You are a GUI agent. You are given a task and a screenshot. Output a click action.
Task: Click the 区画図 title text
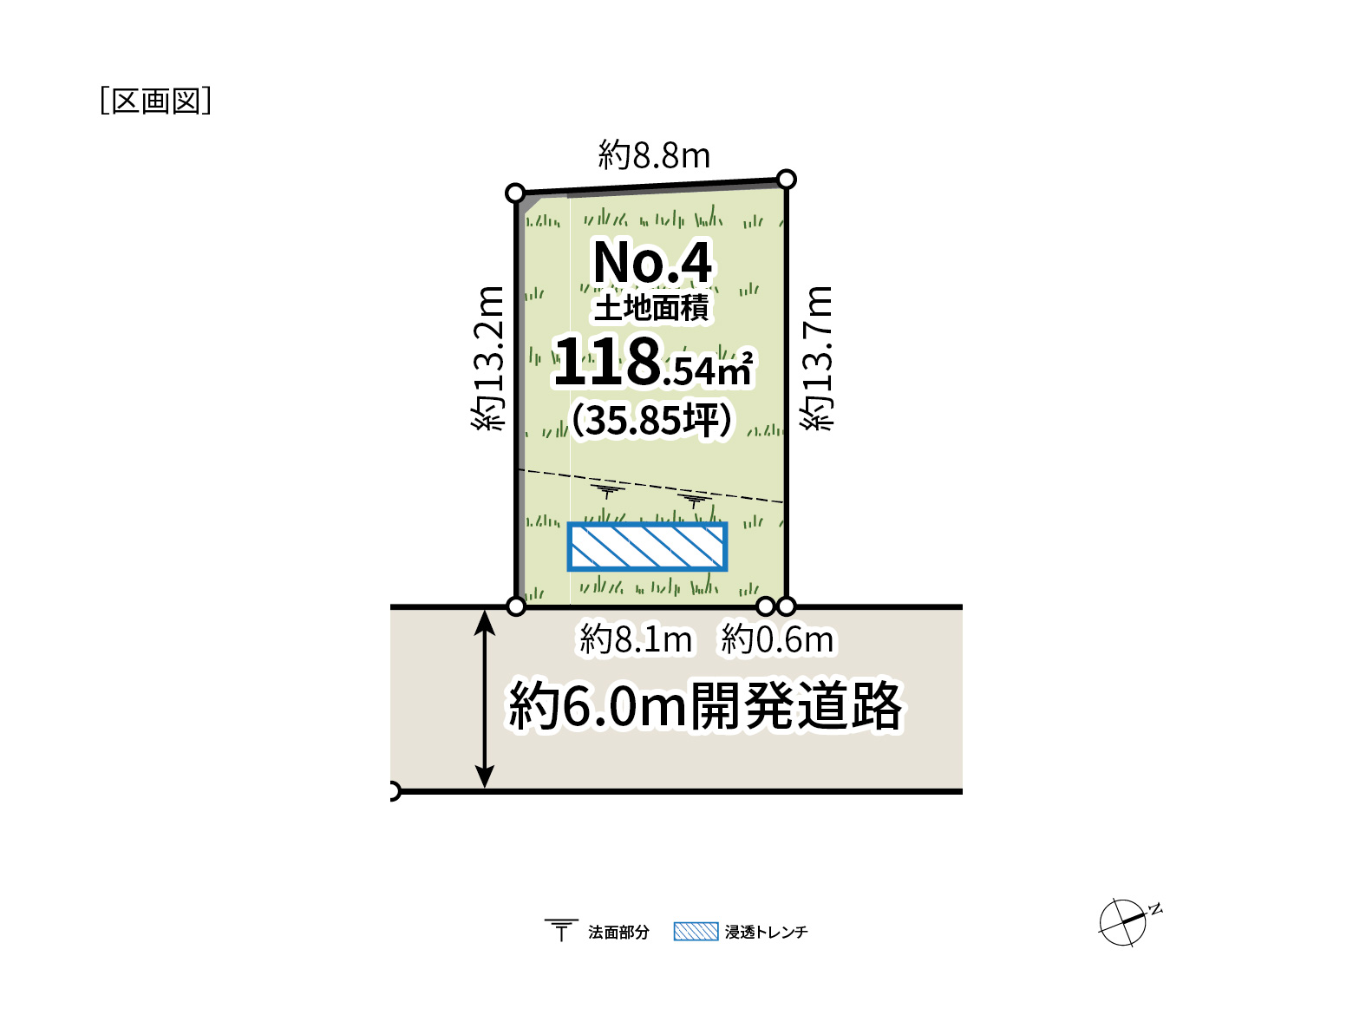point(155,101)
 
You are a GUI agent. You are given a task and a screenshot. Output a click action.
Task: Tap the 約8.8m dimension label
point(654,154)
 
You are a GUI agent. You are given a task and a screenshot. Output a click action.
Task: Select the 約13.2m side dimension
point(488,358)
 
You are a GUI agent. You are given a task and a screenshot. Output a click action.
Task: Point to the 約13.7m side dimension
point(817,358)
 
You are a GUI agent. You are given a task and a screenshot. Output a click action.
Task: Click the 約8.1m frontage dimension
point(636,639)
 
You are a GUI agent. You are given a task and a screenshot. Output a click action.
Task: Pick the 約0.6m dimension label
point(777,639)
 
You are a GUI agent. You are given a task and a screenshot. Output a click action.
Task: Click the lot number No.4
point(652,263)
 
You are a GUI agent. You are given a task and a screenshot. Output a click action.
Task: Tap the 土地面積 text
point(651,308)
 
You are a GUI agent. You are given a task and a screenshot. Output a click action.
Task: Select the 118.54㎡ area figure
point(653,362)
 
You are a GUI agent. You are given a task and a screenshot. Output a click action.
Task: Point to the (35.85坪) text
point(652,420)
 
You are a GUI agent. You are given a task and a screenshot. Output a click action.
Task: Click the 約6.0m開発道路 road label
point(704,706)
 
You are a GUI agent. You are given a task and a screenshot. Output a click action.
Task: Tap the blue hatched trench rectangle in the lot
point(647,547)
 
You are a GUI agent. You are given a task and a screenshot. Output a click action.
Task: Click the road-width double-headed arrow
point(485,699)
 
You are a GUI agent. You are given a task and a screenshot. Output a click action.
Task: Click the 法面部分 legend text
point(618,932)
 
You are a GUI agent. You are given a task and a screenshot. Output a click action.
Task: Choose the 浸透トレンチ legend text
point(766,932)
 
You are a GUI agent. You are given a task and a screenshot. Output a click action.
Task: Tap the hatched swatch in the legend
point(696,931)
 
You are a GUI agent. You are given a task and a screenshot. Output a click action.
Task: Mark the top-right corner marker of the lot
point(787,180)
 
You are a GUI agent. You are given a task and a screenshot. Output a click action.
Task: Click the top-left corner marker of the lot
point(515,193)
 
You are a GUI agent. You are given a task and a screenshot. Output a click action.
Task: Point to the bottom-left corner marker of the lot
point(516,606)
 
